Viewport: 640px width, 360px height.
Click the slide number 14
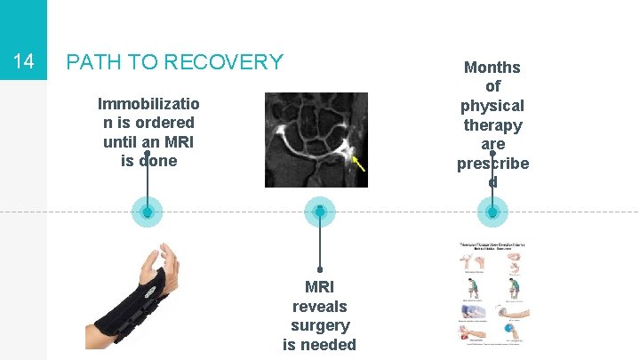(23, 62)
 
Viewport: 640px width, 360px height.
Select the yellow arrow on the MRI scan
(358, 162)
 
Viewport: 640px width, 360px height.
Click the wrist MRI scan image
(316, 140)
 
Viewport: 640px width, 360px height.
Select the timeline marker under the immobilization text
(147, 212)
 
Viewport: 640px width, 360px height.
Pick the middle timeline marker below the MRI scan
(319, 212)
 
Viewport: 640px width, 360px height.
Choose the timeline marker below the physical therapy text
(492, 212)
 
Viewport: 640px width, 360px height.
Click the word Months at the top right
(492, 68)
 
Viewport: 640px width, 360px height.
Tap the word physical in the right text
(492, 106)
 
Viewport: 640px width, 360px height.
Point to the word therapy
(492, 125)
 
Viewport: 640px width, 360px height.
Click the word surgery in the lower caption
(319, 325)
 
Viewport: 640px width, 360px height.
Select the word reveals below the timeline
(319, 306)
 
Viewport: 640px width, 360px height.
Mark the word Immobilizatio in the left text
(147, 102)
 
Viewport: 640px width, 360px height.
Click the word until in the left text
(124, 141)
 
